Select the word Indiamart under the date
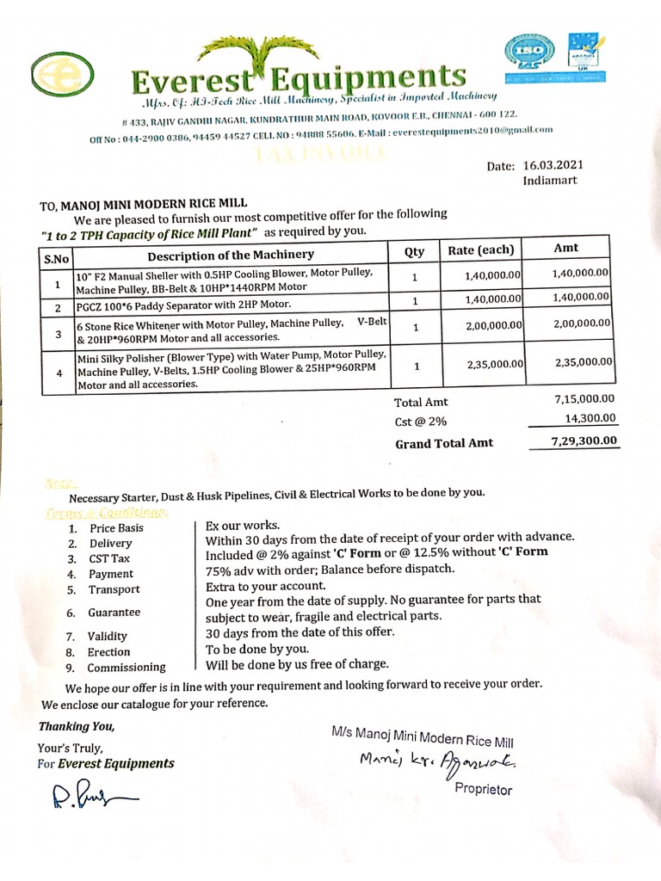550,181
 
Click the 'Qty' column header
414,251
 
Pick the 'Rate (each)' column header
482,251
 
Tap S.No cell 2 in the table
57,307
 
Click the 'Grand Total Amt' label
443,444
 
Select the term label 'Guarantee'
115,613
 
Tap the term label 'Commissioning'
127,667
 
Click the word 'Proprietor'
483,789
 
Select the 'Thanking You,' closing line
76,726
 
